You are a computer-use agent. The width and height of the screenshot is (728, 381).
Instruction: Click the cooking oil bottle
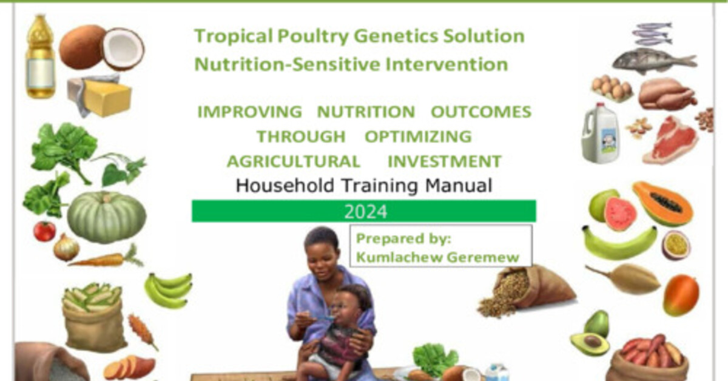pos(40,58)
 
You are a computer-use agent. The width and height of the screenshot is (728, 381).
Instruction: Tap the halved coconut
pos(123,49)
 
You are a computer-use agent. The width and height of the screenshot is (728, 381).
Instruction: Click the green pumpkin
pos(106,217)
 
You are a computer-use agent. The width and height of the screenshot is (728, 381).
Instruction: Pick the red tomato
pos(44,231)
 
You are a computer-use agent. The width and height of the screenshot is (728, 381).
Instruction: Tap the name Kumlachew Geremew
pos(437,257)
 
